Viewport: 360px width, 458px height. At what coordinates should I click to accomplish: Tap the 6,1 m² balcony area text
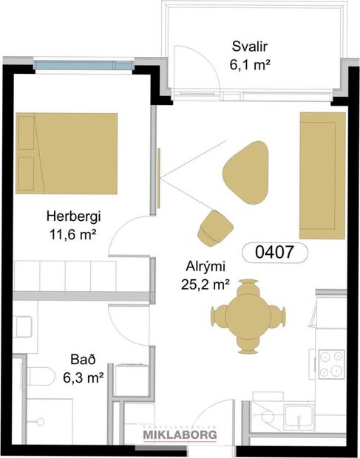[248, 64]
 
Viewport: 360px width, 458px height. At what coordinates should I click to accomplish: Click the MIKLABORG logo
[179, 436]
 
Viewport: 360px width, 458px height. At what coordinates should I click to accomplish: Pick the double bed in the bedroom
[67, 154]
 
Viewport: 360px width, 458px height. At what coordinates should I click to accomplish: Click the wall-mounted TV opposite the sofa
[159, 177]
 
